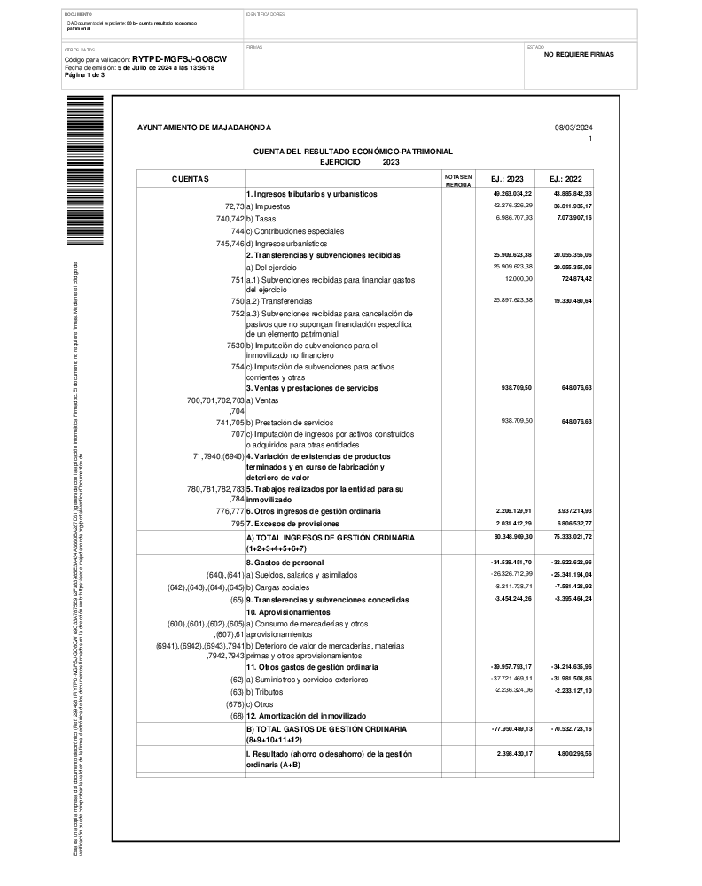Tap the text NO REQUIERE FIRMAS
pyautogui.click(x=578, y=54)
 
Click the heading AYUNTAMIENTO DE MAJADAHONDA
pyautogui.click(x=205, y=128)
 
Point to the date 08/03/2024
pyautogui.click(x=573, y=128)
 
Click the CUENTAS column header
pyautogui.click(x=191, y=179)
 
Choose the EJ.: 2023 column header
pyautogui.click(x=507, y=179)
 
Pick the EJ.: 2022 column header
pyautogui.click(x=565, y=179)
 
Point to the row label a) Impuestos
pyautogui.click(x=267, y=206)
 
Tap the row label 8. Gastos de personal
pyautogui.click(x=285, y=563)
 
